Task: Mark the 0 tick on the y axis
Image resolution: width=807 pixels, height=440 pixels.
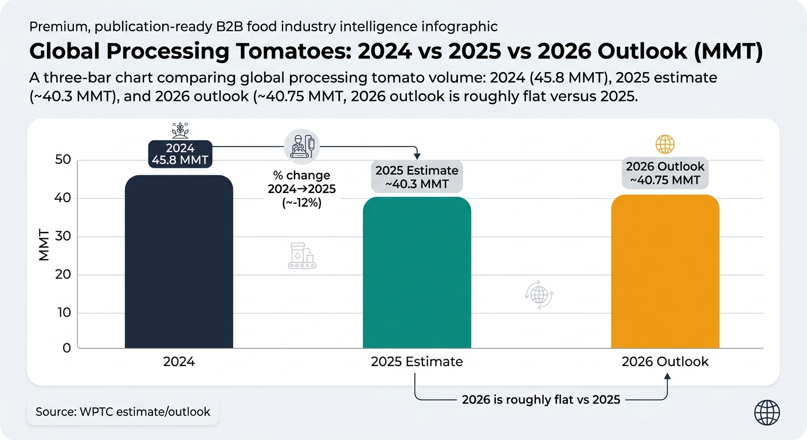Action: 66,348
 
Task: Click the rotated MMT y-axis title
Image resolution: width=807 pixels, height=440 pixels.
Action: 44,246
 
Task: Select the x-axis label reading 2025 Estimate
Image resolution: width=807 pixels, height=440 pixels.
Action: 417,362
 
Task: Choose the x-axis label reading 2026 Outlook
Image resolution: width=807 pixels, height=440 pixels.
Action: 665,362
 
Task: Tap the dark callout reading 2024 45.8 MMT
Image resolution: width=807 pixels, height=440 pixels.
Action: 180,154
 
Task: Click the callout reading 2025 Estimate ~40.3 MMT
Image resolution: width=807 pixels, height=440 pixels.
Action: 417,177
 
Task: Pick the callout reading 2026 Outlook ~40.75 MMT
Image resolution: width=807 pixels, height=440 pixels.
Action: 665,173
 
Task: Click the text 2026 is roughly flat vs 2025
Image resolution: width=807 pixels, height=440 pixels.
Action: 540,400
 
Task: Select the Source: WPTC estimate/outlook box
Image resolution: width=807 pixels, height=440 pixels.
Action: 123,411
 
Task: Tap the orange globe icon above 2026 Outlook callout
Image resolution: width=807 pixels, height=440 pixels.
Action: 665,144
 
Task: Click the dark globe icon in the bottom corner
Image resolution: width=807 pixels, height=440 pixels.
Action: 767,412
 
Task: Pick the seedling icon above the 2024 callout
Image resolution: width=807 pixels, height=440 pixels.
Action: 180,130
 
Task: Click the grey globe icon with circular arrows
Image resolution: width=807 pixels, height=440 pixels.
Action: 539,294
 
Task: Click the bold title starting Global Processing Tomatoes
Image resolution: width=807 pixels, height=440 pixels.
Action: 395,52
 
